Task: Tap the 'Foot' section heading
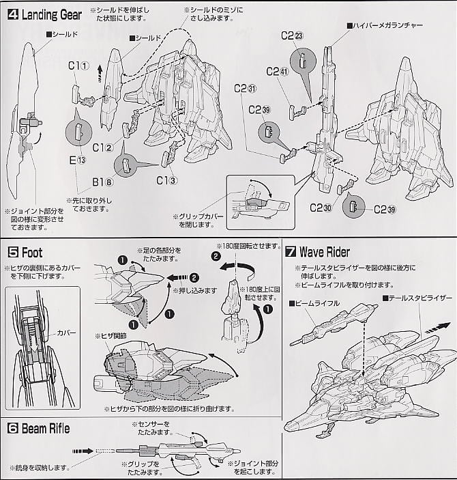31,252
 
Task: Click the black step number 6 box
12,429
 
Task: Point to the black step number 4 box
12,14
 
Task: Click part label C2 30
320,208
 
